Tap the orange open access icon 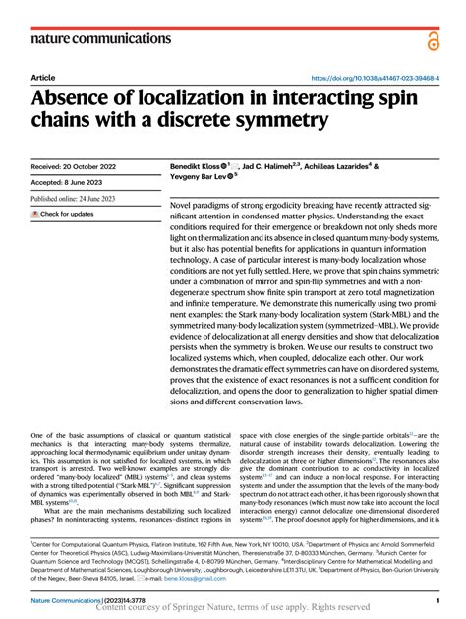pos(435,39)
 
